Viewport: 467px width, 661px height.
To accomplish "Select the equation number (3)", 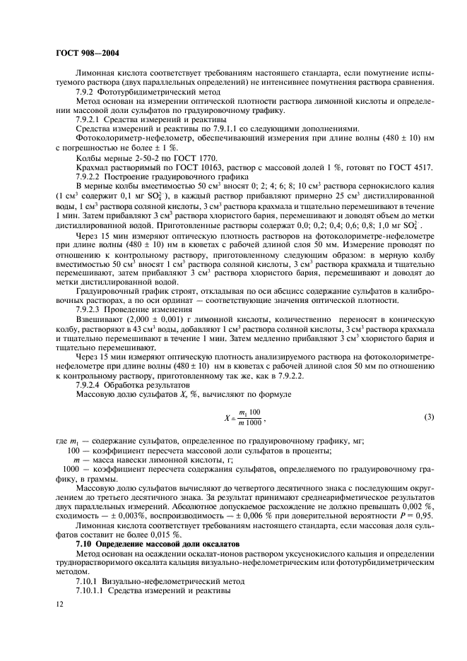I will [x=429, y=417].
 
